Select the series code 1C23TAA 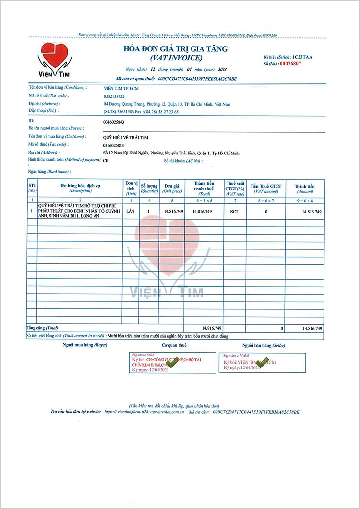[x=302, y=57]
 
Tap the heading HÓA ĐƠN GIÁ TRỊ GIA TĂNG [x=176, y=49]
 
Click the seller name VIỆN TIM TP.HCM [x=123, y=88]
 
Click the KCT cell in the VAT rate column [x=234, y=211]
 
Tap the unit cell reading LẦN [x=131, y=211]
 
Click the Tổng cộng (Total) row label [x=44, y=328]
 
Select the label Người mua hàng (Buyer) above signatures [x=84, y=345]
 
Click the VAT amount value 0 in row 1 [x=266, y=211]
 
